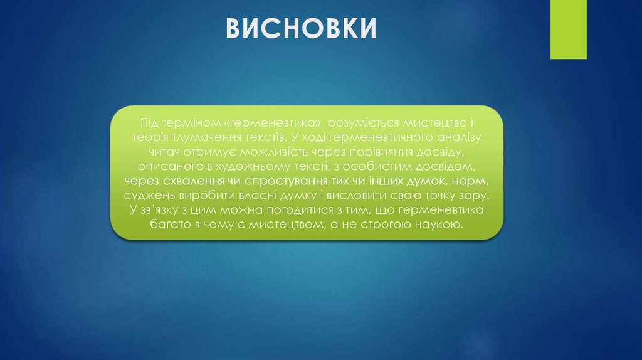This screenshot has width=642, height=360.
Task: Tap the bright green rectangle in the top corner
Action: (568, 29)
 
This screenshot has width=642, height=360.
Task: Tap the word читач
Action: (164, 151)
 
